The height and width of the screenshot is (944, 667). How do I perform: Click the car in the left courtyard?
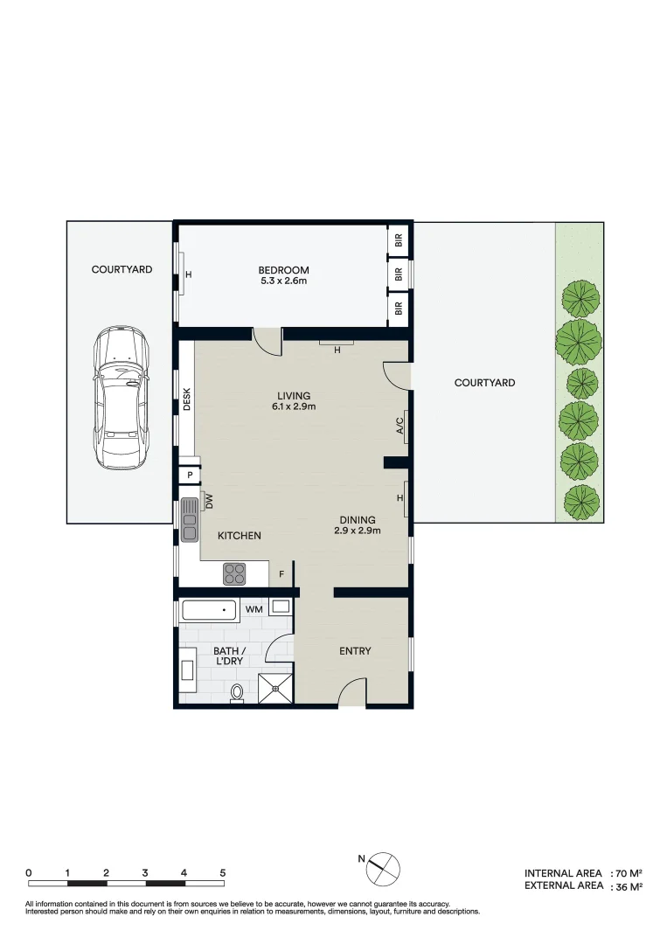pyautogui.click(x=122, y=398)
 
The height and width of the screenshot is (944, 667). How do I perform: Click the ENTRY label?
pyautogui.click(x=355, y=651)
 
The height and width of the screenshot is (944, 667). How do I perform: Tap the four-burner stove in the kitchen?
pyautogui.click(x=234, y=573)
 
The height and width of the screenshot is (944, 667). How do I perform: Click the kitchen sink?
pyautogui.click(x=190, y=518)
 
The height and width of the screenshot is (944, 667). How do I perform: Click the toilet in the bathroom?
pyautogui.click(x=236, y=694)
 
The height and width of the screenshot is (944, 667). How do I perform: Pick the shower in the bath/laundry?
pyautogui.click(x=276, y=688)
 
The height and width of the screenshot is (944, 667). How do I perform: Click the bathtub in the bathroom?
pyautogui.click(x=209, y=609)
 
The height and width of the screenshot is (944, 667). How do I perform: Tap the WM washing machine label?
pyautogui.click(x=254, y=608)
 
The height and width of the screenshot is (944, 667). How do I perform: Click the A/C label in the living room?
pyautogui.click(x=400, y=426)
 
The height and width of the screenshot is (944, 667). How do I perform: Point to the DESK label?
pyautogui.click(x=187, y=399)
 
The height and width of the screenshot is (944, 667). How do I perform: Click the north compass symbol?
pyautogui.click(x=385, y=868)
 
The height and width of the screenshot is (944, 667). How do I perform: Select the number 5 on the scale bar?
pyautogui.click(x=223, y=872)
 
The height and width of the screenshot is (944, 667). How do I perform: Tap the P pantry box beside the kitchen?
pyautogui.click(x=189, y=475)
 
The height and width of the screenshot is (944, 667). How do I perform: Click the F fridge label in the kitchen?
pyautogui.click(x=281, y=574)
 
